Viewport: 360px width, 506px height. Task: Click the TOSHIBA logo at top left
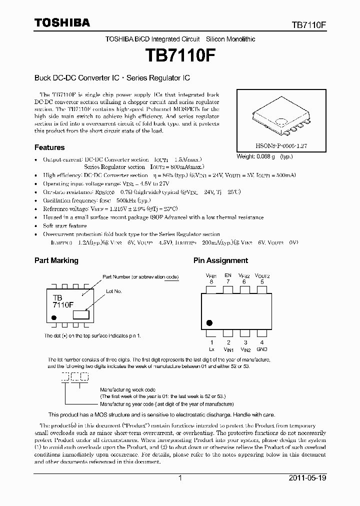[x=62, y=22]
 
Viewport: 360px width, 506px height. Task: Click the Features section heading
[x=49, y=147]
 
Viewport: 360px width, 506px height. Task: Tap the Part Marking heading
[x=56, y=260]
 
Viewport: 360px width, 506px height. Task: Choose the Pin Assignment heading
[x=220, y=260]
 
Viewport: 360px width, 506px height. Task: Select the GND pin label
[x=262, y=349]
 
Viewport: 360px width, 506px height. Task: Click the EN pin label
[x=228, y=275]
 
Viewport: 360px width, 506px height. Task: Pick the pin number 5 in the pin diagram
[x=262, y=281]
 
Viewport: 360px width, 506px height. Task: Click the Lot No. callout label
[x=114, y=290]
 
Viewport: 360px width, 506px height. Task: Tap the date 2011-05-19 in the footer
[x=307, y=478]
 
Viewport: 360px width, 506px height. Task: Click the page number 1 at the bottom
[x=180, y=478]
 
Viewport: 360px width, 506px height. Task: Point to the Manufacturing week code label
[x=128, y=389]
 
